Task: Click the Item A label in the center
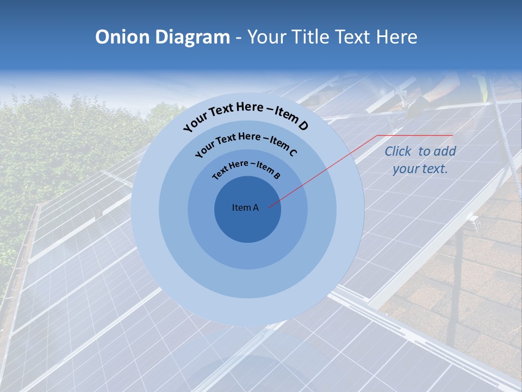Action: pos(245,207)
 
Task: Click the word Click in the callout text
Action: pos(397,151)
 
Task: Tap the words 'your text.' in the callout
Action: pos(420,169)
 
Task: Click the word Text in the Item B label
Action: pos(221,172)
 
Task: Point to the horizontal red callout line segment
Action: pos(414,135)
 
